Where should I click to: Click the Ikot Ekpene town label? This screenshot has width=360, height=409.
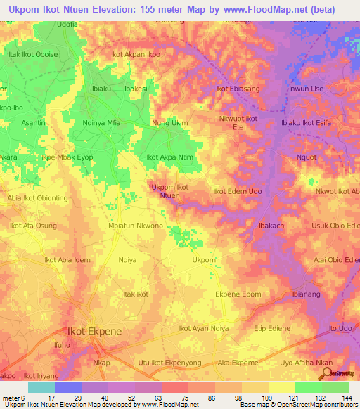(94, 331)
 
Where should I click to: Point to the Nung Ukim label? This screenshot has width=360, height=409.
(170, 123)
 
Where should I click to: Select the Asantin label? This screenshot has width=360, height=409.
(33, 123)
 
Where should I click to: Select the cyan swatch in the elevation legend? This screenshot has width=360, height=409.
(41, 387)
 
